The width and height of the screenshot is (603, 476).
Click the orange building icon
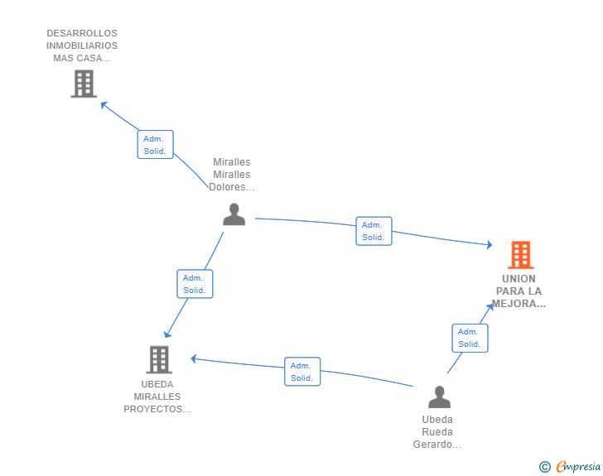520,255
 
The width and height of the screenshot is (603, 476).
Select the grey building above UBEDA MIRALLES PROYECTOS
158,359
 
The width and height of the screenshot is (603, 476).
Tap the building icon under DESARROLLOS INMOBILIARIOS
83,84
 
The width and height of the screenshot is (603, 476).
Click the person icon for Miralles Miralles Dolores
234,214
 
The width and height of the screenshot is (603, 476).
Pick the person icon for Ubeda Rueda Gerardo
439,397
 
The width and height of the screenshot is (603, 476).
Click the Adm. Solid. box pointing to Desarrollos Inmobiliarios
155,145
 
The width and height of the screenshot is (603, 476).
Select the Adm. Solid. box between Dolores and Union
374,231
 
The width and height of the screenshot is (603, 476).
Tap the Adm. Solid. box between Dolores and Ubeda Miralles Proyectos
195,284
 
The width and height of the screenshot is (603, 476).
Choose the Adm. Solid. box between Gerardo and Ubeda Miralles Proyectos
302,372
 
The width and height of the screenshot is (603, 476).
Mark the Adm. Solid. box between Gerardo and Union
470,338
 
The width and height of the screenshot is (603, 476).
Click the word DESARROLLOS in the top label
82,33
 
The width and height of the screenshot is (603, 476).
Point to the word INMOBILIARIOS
82,46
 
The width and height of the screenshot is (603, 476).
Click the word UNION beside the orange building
519,278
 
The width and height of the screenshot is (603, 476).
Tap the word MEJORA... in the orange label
519,304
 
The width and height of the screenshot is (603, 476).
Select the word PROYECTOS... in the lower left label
157,409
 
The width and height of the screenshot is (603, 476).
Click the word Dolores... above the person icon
232,187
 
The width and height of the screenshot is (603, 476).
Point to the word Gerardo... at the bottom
437,445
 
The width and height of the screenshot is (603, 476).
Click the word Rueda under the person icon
437,432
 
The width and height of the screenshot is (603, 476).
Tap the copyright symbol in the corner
544,467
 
